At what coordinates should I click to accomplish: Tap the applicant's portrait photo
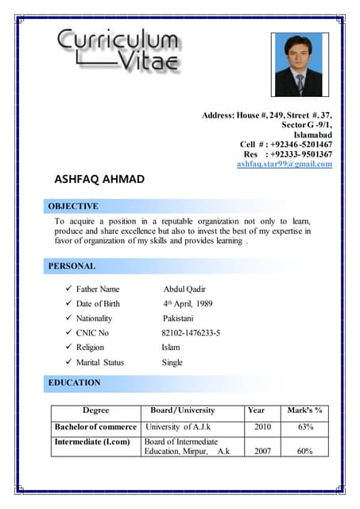click(x=300, y=65)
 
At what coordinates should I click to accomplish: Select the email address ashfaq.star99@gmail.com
click(x=285, y=164)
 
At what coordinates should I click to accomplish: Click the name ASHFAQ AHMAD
click(x=99, y=179)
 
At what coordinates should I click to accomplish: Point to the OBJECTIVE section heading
click(x=74, y=205)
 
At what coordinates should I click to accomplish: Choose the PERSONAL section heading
click(x=72, y=266)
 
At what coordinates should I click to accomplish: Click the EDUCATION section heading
click(x=75, y=383)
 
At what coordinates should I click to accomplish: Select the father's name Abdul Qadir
click(x=184, y=289)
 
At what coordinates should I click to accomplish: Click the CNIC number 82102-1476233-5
click(x=191, y=332)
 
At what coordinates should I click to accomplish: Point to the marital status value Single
click(x=172, y=362)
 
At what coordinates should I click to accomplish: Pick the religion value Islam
click(x=171, y=348)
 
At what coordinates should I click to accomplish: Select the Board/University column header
click(x=183, y=410)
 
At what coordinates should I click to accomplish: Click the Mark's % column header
click(x=304, y=410)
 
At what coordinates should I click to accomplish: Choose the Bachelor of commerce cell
click(x=95, y=427)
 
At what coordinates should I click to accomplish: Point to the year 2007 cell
click(x=262, y=451)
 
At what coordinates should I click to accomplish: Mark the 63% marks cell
click(x=305, y=427)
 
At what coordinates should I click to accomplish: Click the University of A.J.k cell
click(x=178, y=427)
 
